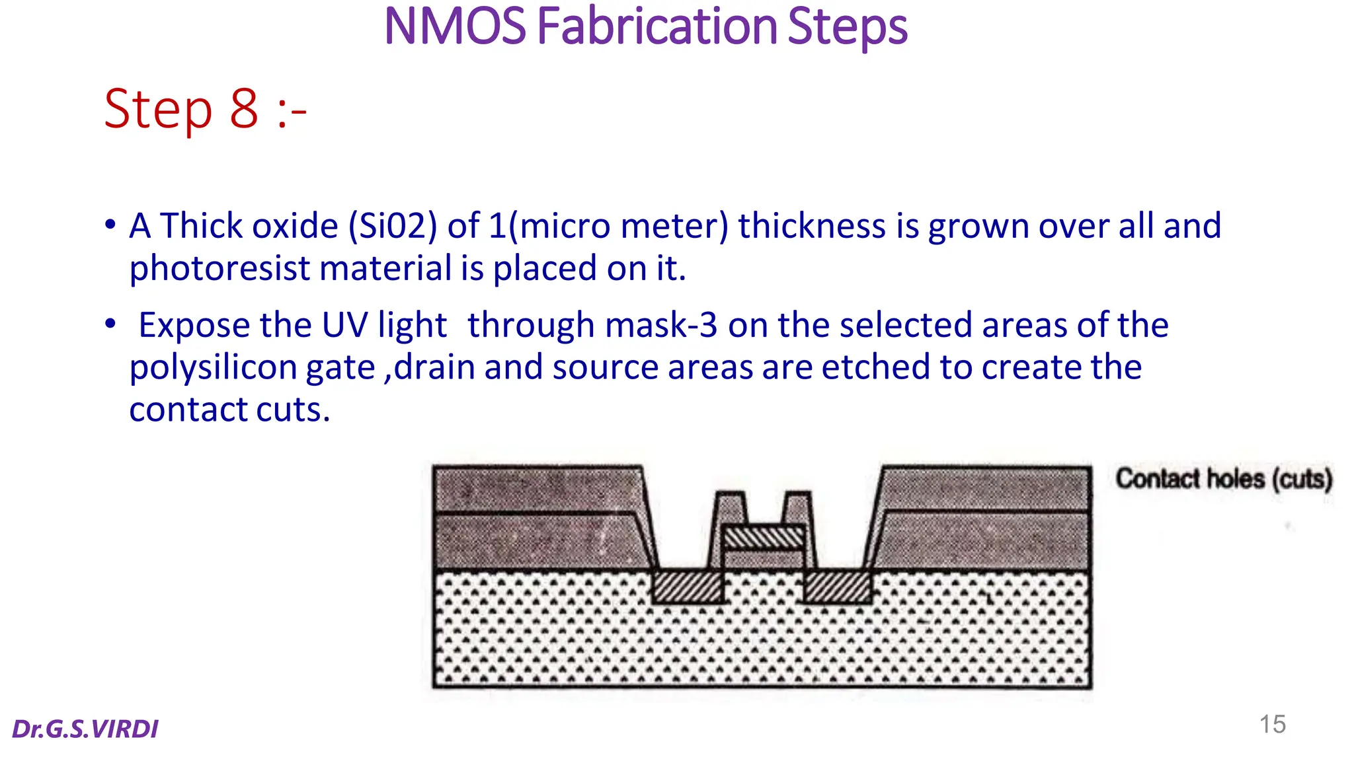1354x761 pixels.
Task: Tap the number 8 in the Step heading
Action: click(243, 109)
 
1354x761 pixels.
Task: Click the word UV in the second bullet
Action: click(344, 326)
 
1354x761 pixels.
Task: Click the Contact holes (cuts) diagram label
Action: click(1223, 478)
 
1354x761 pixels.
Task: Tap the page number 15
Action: click(1272, 725)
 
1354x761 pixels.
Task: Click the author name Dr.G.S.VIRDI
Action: click(85, 729)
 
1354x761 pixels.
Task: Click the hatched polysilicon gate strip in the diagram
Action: click(764, 538)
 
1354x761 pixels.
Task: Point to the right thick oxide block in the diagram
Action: click(985, 519)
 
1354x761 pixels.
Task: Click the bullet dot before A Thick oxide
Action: click(110, 224)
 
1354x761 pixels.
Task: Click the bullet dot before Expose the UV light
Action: click(110, 324)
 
